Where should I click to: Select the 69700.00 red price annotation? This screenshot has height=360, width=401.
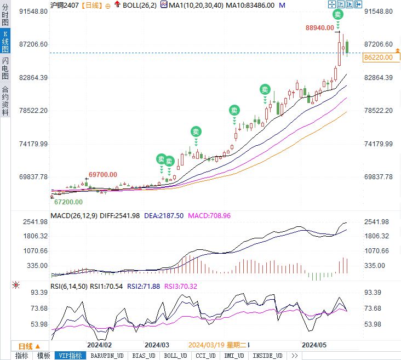(103, 174)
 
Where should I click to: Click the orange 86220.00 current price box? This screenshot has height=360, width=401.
(378, 57)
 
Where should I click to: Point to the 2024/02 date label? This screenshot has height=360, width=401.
(100, 345)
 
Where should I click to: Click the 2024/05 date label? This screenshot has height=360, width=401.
(315, 345)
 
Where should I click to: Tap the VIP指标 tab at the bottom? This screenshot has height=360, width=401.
(70, 356)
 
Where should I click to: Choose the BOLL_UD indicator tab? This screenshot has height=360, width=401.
(175, 356)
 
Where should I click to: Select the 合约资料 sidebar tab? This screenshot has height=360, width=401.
(5, 101)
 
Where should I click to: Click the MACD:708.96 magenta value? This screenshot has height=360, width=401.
(209, 216)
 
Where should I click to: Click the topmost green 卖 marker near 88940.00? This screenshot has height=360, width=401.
(338, 15)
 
